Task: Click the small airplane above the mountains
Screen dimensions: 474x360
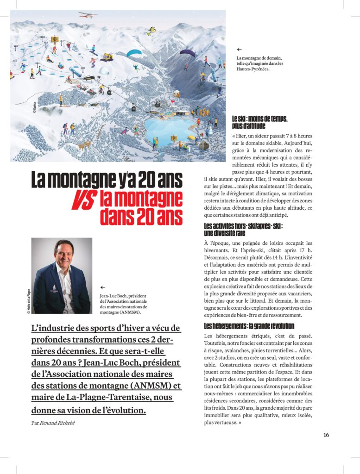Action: tap(88, 14)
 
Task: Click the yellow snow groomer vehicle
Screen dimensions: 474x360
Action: tap(107, 57)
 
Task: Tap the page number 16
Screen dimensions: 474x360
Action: tap(326, 435)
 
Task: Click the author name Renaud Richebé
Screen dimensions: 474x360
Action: tap(58, 423)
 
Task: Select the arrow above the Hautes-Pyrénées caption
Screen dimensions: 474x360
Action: tap(239, 49)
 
